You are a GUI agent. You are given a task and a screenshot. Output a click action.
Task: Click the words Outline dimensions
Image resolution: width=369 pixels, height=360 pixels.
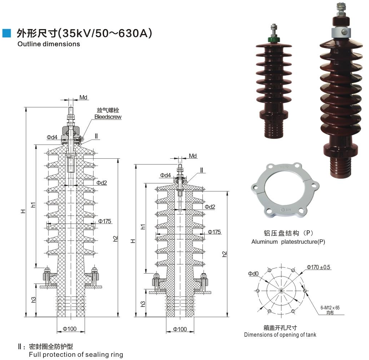pos(48,44)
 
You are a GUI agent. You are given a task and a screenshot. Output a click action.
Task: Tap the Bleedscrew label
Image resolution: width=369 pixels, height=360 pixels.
pos(108,117)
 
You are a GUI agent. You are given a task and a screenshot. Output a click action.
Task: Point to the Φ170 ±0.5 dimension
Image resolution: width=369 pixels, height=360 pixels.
pos(319,267)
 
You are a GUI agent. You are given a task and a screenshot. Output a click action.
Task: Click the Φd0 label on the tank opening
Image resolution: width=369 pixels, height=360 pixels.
pos(253,274)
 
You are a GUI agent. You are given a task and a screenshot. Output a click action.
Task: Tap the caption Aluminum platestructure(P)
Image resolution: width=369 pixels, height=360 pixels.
pos(288,242)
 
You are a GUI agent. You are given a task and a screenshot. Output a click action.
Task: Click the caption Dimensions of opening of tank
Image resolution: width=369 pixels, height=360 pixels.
pos(280,335)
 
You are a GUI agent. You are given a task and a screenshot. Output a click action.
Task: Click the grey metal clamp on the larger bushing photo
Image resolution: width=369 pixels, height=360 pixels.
pos(345,32)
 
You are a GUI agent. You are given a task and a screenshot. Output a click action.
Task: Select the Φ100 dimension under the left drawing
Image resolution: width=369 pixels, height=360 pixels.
pos(70,329)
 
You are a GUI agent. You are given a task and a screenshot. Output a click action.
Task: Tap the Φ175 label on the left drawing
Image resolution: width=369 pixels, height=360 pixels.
pos(104,221)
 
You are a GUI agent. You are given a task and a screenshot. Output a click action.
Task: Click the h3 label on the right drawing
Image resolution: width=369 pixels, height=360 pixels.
pos(143,304)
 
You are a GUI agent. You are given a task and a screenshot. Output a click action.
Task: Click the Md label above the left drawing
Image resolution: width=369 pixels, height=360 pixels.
pos(83,98)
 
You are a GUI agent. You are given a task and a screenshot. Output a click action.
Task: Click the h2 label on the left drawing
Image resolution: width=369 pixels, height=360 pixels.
pos(115,238)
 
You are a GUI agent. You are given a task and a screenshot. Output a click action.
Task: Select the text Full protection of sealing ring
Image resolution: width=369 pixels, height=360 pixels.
pos(76,355)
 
